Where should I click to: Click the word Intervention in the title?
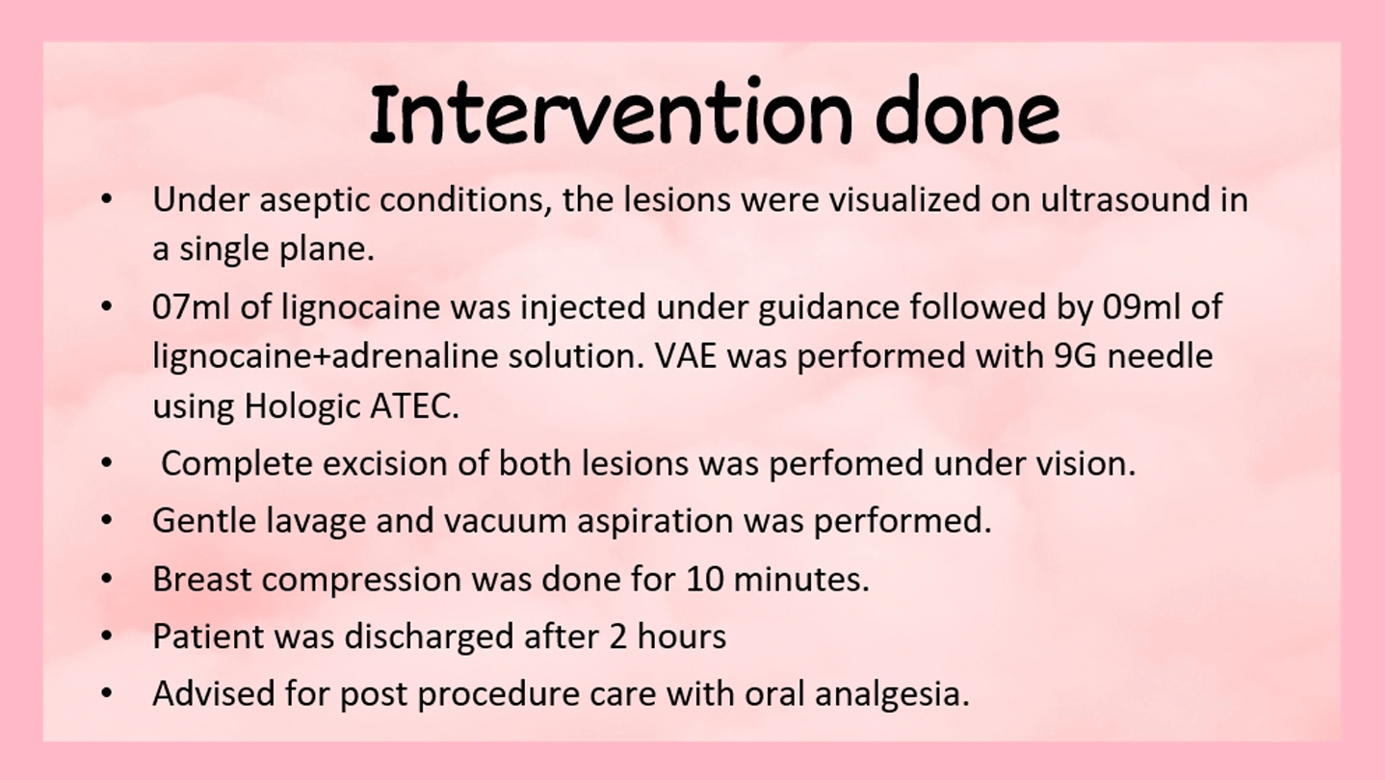[x=610, y=114]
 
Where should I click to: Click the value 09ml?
[x=1141, y=306]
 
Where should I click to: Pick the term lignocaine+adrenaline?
[x=326, y=357]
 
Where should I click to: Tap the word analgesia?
[x=892, y=694]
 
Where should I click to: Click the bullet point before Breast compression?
[x=107, y=579]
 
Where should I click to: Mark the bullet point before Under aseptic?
[x=107, y=200]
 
